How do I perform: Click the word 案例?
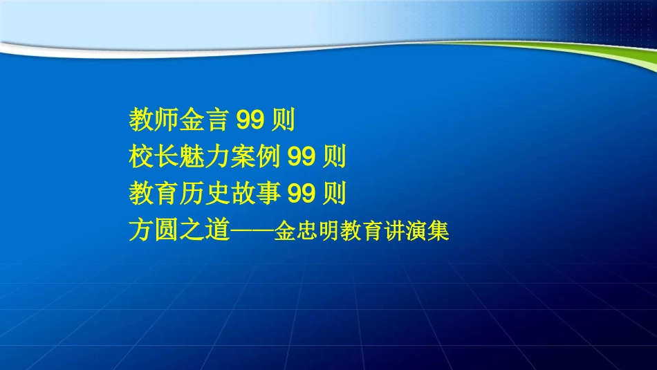255,158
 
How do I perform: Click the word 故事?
255,194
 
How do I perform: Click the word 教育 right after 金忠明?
366,231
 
